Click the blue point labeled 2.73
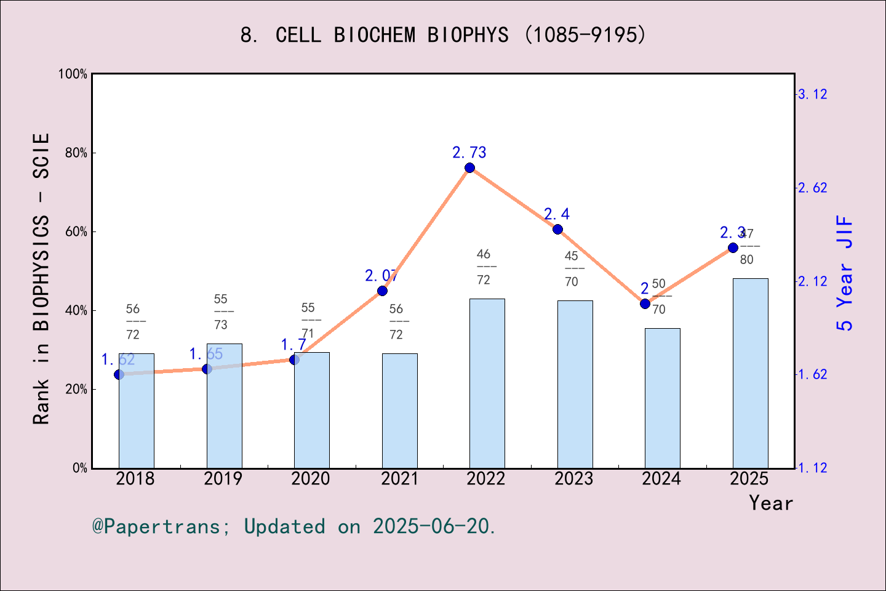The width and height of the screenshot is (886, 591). tap(469, 168)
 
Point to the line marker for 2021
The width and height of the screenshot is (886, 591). tap(382, 291)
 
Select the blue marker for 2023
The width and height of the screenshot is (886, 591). tap(557, 229)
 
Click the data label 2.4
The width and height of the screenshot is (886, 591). tap(556, 214)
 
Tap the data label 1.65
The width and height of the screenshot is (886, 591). tap(206, 354)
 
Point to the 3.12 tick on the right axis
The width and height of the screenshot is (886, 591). tap(812, 94)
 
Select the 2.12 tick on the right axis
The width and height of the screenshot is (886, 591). tap(812, 281)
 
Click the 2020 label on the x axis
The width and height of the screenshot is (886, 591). tap(311, 479)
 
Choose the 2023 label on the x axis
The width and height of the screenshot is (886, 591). tap(573, 479)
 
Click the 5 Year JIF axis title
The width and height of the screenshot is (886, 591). tap(845, 273)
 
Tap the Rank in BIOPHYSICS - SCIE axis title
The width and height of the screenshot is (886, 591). tap(41, 278)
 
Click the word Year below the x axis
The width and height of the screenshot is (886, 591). tap(770, 504)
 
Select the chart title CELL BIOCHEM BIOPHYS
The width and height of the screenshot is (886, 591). tap(443, 35)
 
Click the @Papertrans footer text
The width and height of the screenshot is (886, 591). tap(293, 526)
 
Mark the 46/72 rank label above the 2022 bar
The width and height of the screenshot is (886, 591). tap(484, 267)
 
